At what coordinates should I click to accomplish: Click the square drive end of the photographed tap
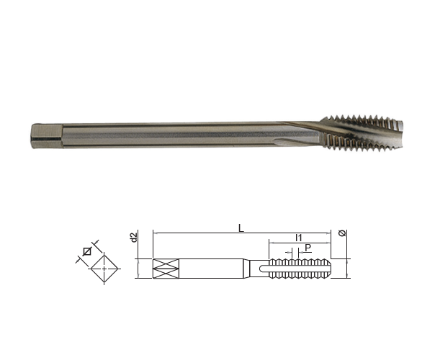coord(47,136)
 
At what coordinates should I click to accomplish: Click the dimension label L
coord(241,228)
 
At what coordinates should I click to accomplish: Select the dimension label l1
coord(299,238)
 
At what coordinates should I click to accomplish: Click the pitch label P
coord(308,248)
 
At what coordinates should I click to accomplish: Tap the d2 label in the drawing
coord(134,238)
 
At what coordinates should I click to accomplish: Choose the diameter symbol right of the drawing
coord(343,233)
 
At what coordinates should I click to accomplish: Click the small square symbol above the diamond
coord(87,251)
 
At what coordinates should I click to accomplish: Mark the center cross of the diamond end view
coord(104,269)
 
